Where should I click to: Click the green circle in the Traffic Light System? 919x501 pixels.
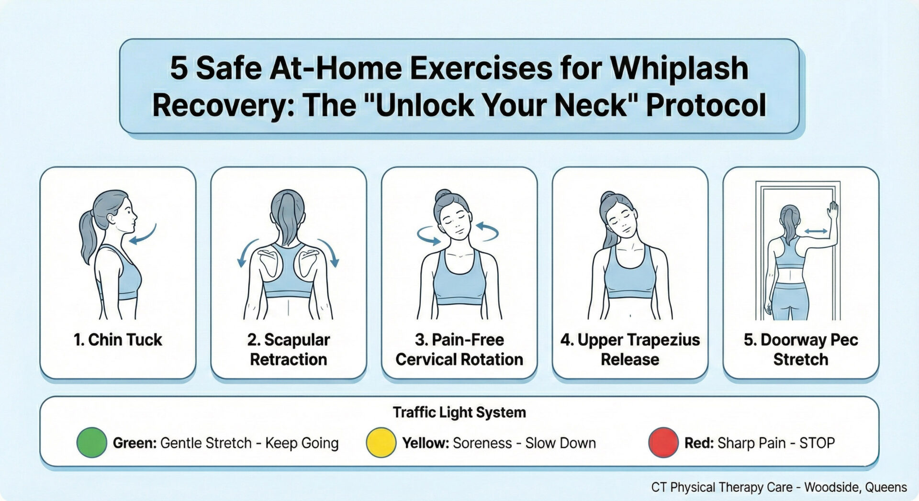point(91,443)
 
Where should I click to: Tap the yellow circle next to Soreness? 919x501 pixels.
point(381,443)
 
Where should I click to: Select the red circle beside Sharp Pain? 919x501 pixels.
point(663,443)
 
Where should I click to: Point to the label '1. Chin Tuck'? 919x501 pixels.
point(118,340)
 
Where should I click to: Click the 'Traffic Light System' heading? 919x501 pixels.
point(459,412)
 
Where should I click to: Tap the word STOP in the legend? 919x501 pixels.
point(817,443)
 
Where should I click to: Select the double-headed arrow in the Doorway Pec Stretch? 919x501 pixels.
point(816,231)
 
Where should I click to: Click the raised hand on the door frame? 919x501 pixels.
point(833,211)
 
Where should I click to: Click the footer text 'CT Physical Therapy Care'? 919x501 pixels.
point(721,487)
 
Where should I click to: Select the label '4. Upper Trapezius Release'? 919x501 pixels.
point(630,349)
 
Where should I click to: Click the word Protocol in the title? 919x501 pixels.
point(706,105)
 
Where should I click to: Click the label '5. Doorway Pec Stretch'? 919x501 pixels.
point(800,349)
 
